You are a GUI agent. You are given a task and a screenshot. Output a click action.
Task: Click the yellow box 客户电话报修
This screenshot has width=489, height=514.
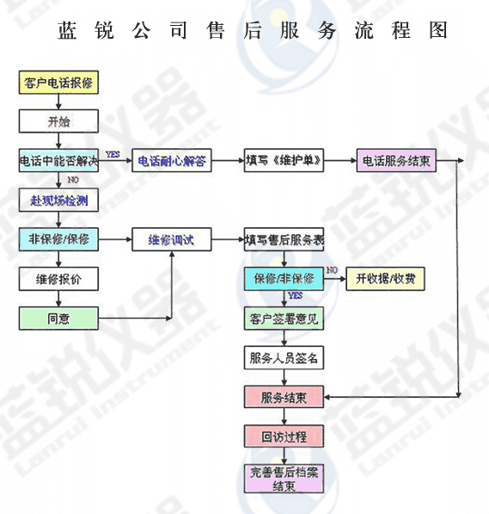[58, 83]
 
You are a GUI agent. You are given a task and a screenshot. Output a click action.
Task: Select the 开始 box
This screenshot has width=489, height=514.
[58, 121]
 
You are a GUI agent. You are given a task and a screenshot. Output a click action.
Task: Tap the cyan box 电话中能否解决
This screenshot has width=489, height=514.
[58, 160]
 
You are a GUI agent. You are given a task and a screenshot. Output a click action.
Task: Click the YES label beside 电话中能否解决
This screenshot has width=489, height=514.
[113, 154]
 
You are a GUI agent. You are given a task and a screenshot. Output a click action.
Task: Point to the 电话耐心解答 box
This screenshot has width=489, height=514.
[172, 160]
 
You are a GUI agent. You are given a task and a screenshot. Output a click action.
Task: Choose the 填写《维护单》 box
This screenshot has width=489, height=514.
[284, 160]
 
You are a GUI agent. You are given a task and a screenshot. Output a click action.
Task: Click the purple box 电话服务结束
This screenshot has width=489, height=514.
[396, 160]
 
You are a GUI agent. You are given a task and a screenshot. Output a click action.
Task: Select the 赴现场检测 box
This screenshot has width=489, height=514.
[58, 200]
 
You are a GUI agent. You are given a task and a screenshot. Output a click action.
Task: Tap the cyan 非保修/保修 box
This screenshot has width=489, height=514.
[58, 239]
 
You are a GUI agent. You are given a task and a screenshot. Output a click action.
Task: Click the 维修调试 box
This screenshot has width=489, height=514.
[172, 239]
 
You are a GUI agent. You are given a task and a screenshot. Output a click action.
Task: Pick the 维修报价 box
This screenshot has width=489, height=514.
[58, 279]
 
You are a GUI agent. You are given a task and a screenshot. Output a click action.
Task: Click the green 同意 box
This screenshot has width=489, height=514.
[58, 319]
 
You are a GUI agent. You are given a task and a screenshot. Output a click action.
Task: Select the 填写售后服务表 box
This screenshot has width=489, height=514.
[284, 239]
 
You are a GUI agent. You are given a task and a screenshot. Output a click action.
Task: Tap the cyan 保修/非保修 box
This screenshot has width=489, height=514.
[284, 279]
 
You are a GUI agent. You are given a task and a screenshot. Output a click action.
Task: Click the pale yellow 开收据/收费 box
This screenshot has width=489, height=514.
[385, 279]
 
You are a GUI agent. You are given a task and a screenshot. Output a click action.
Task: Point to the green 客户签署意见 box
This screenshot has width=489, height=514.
[284, 319]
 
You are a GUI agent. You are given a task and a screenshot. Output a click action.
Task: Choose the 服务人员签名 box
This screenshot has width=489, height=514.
[284, 357]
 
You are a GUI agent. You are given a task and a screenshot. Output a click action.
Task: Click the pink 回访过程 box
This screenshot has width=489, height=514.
[284, 437]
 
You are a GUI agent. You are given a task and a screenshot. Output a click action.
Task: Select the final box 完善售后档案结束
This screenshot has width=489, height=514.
[284, 479]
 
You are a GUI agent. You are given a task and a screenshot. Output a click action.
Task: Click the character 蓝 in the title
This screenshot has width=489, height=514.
[67, 30]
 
